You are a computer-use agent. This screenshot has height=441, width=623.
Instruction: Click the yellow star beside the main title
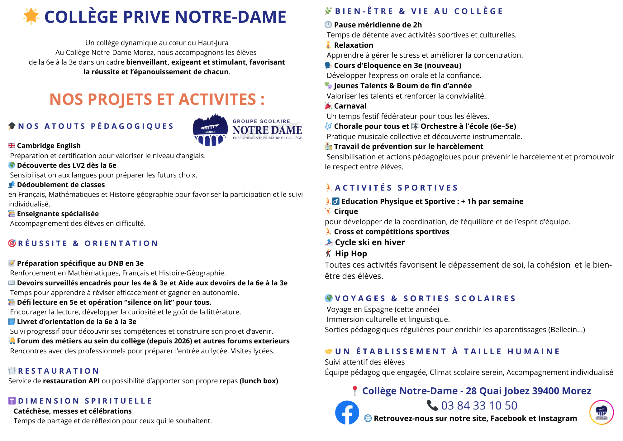pos(31,16)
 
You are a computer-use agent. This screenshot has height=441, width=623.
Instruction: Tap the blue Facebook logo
pos(347,412)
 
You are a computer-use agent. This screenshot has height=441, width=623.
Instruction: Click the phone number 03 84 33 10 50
pos(479,405)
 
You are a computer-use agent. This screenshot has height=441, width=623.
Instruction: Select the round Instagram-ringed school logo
pos(602,412)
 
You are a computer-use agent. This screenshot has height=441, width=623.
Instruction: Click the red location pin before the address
pos(354,390)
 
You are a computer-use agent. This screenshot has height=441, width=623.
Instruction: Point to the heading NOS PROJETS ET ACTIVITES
pos(157,99)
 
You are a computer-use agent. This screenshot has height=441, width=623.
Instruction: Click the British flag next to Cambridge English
pos(12,146)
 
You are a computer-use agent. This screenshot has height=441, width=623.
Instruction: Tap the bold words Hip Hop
pos(351,254)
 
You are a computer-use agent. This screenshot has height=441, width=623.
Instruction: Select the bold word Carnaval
pos(350,106)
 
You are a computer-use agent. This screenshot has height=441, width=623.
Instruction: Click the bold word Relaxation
pos(354,45)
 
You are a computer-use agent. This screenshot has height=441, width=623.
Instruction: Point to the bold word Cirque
pos(346,211)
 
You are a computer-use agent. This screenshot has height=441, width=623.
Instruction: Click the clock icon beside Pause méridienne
pos(328,25)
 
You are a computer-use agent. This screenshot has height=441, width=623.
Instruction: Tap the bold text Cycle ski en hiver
pos(370,242)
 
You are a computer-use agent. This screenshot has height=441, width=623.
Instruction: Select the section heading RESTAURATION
pos(59,371)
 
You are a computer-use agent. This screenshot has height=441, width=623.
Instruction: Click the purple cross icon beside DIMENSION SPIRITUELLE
pos(12,401)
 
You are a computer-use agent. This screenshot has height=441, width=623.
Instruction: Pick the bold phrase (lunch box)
pos(259,381)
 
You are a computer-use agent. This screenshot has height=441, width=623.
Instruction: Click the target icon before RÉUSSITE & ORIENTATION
pos(12,243)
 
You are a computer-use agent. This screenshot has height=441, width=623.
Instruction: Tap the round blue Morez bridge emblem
pos(210,130)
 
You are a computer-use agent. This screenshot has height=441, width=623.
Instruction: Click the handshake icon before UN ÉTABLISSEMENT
pos(328,351)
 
